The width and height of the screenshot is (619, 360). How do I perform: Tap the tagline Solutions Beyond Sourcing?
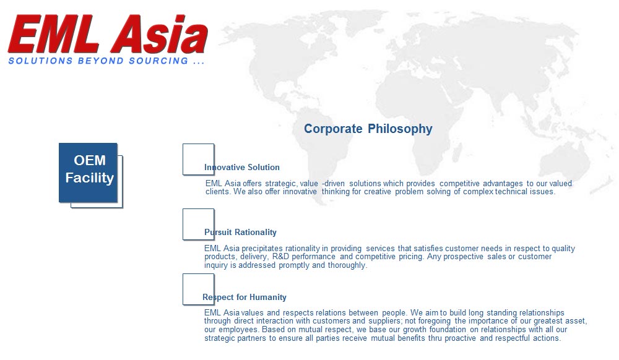106,61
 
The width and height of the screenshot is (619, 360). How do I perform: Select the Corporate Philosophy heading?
368,129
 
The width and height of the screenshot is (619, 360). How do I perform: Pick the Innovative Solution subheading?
241,167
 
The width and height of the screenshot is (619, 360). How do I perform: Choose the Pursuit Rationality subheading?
240,232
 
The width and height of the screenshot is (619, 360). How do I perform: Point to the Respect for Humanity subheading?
245,298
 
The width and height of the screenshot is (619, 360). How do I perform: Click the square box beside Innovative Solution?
199,160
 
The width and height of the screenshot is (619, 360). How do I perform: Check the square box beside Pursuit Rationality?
199,225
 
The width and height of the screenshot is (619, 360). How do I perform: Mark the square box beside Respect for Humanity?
199,289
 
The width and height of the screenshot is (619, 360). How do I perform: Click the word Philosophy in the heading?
400,129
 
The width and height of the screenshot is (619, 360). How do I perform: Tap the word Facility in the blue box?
90,178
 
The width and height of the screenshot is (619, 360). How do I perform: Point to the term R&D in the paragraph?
280,257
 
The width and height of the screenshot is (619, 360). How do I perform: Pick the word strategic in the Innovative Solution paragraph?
280,184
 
